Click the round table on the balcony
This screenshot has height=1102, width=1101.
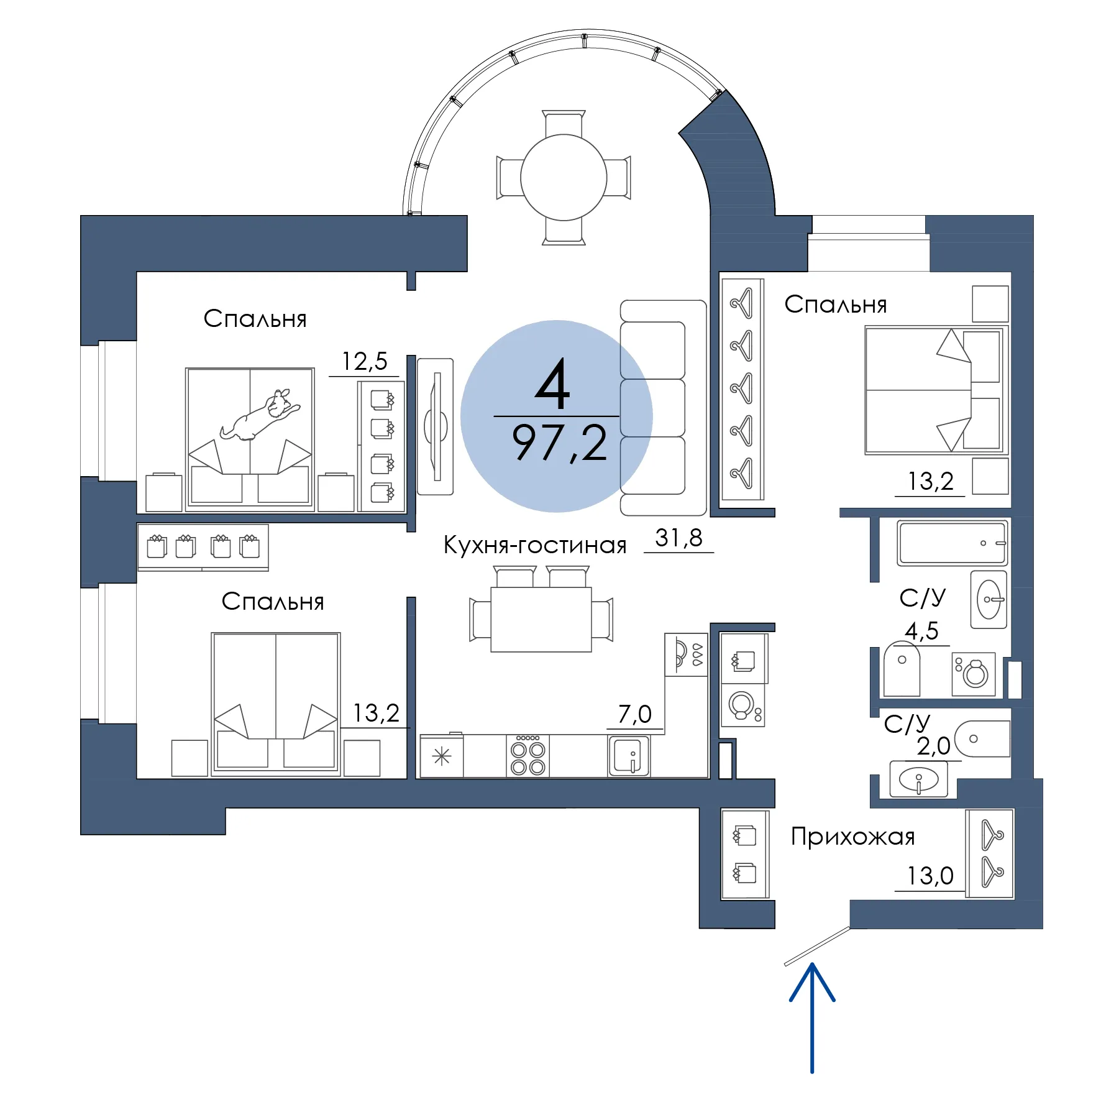[x=564, y=177]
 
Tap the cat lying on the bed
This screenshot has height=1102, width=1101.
[x=260, y=415]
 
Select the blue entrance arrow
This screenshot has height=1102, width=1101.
[x=811, y=1017]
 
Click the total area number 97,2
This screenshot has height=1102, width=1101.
[x=559, y=443]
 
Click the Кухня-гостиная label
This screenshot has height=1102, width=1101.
[x=535, y=544]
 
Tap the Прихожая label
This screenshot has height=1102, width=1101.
[x=853, y=837]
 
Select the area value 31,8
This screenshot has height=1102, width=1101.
[x=678, y=538]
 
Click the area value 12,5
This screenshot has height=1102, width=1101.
[x=365, y=361]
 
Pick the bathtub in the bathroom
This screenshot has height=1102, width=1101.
[x=952, y=543]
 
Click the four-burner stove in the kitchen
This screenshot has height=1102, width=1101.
[x=528, y=756]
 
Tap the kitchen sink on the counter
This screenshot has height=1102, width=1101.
[x=629, y=756]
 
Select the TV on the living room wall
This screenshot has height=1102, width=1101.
[x=436, y=426]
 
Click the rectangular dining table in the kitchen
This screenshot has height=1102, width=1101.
[x=541, y=619]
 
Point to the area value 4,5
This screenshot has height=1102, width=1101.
[x=921, y=631]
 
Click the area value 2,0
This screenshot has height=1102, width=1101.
[x=934, y=746]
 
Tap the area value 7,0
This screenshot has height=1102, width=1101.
[x=635, y=714]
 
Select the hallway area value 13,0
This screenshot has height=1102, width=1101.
[x=930, y=876]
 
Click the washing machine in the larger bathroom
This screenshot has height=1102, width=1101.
[x=974, y=674]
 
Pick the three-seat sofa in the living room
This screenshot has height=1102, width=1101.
[x=664, y=408]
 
